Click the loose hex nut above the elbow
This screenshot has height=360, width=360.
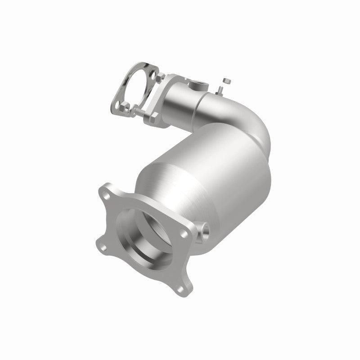(227, 81)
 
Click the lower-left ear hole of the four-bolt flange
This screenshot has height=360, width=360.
(104, 248)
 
